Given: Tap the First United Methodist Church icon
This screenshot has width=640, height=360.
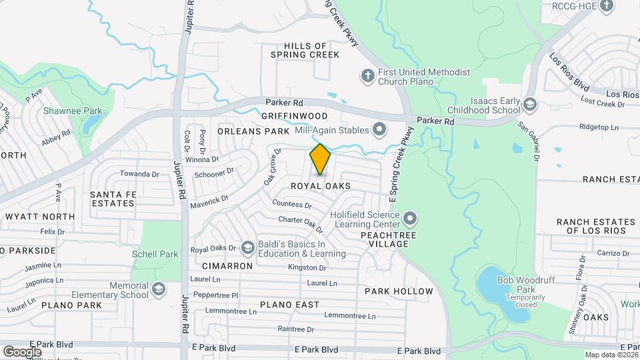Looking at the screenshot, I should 367,76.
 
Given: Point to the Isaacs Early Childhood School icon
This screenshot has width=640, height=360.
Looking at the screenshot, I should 530,105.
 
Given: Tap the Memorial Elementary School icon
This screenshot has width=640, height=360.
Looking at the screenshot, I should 158,289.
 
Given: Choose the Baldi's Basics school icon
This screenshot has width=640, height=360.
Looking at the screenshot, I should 248,249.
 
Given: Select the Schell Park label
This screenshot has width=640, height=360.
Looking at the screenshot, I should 155,254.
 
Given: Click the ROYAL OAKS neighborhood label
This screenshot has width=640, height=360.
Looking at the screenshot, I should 320,185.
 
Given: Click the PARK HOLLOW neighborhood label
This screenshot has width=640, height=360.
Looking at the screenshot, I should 399,291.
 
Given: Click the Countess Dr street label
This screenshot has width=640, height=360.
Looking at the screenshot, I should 291,205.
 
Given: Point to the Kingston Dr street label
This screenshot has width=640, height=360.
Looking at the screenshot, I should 307,267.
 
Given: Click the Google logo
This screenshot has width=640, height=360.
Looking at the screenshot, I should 22,351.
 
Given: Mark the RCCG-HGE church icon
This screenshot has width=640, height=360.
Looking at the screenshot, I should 606,7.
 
